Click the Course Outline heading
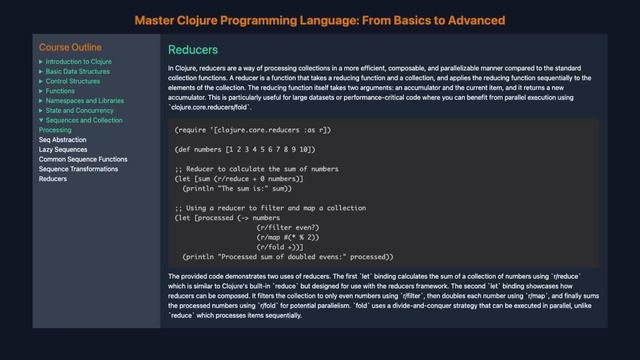tap(70, 47)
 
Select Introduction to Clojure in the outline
tap(79, 62)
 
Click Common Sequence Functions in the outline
tap(83, 160)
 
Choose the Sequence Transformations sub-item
tap(79, 169)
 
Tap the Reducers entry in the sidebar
tap(53, 179)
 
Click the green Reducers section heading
tap(194, 50)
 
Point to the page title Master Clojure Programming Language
tap(319, 19)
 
